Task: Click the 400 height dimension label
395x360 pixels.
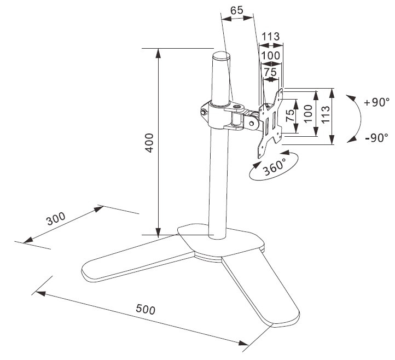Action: pos(150,143)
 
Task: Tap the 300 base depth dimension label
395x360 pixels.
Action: pos(56,218)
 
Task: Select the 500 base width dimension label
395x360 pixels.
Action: pos(146,309)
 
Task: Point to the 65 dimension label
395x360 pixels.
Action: pos(237,10)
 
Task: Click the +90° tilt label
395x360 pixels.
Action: pos(376,102)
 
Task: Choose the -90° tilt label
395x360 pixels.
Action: pos(376,138)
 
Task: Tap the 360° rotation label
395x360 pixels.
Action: pos(274,167)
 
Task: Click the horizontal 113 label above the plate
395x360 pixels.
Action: pos(271,37)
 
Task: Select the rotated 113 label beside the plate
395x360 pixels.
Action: pos(326,114)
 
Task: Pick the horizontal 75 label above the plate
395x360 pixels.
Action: pos(271,72)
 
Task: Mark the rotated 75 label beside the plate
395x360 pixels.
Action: pos(290,115)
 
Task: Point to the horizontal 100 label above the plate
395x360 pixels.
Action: pos(271,55)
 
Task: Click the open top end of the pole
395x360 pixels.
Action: pos(222,56)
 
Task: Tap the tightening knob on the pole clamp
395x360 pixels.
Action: pos(204,112)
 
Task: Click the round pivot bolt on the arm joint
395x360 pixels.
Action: pos(252,124)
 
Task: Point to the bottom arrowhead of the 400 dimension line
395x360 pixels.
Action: pos(158,232)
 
